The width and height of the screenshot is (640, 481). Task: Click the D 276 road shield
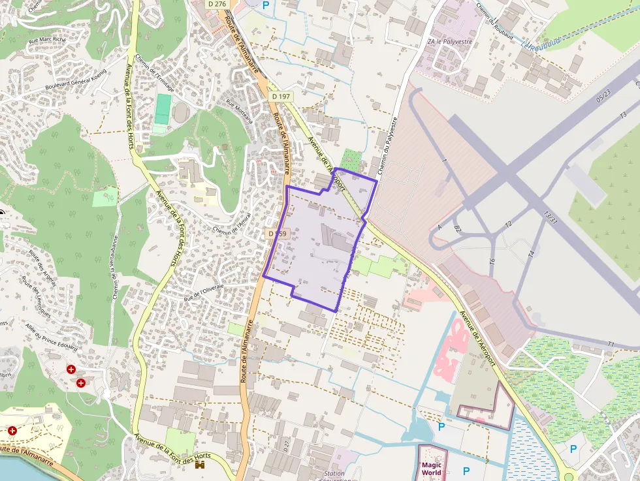click(217, 4)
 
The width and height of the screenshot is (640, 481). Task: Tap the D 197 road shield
click(281, 97)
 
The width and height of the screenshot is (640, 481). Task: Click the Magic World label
click(432, 468)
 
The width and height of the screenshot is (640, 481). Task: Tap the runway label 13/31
click(551, 217)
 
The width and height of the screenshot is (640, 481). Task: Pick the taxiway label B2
click(457, 229)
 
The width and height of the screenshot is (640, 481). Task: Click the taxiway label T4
click(532, 254)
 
